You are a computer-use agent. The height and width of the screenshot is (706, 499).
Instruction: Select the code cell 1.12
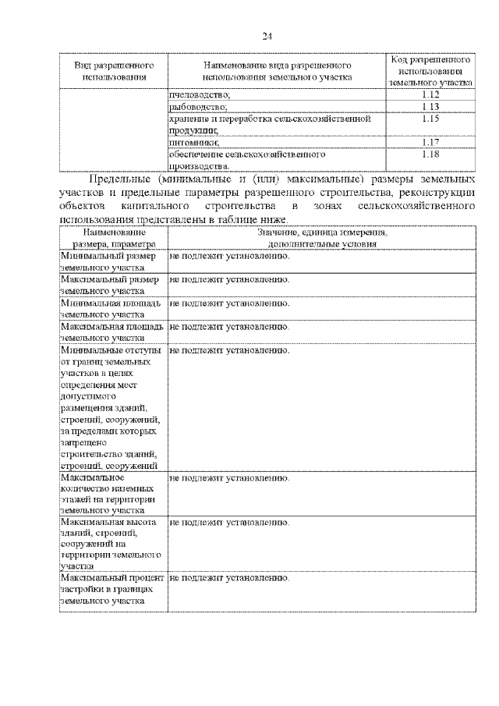(431, 94)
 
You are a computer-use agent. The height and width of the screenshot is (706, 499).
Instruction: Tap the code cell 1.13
(431, 106)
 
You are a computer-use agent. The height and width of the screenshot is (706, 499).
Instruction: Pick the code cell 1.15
(431, 119)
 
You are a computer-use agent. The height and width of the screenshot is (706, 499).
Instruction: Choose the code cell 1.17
(431, 142)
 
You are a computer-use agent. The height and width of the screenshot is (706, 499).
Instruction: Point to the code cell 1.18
(431, 154)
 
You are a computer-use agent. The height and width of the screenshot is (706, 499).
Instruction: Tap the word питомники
(193, 142)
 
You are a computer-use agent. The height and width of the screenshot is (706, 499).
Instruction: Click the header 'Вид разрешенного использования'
(113, 70)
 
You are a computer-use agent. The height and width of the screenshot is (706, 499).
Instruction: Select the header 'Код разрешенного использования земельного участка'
(431, 70)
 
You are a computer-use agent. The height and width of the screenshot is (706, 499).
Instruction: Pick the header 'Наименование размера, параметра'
(113, 238)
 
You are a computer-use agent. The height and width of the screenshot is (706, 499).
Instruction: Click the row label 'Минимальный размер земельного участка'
(110, 261)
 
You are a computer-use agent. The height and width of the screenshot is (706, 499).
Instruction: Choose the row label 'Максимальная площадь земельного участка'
(111, 332)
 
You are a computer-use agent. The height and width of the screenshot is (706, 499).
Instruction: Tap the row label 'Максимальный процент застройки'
(111, 591)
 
